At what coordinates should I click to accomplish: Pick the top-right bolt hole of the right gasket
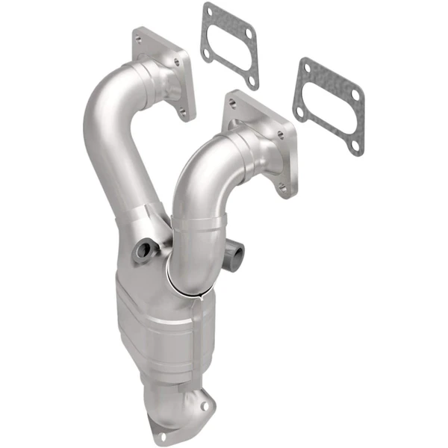(x=354, y=94)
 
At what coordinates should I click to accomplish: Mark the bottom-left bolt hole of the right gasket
(x=299, y=112)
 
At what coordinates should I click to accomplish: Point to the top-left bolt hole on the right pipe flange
(x=233, y=103)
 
